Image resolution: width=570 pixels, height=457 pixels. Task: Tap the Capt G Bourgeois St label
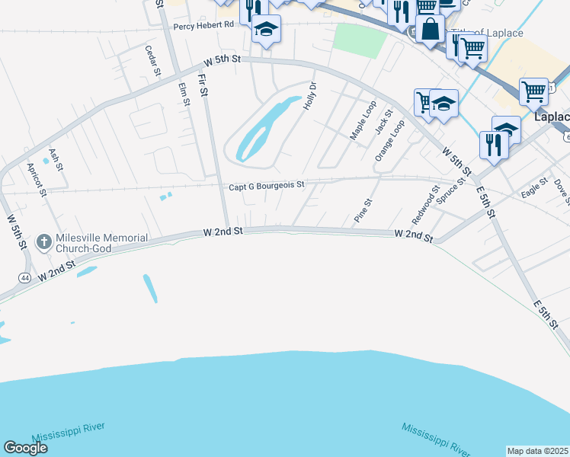click(267, 185)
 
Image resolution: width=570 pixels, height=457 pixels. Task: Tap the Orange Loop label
click(389, 140)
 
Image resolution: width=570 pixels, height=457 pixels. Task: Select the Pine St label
click(363, 210)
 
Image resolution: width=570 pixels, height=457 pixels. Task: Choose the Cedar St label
click(154, 60)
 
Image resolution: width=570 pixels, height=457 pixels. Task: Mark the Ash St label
click(56, 158)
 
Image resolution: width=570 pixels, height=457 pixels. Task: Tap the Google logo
click(25, 447)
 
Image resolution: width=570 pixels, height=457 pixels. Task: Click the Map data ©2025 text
click(538, 450)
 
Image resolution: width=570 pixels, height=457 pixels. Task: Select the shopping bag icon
click(430, 30)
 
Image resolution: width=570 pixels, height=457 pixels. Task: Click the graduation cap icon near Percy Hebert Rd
click(266, 30)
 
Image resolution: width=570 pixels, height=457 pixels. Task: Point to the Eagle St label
click(535, 188)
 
